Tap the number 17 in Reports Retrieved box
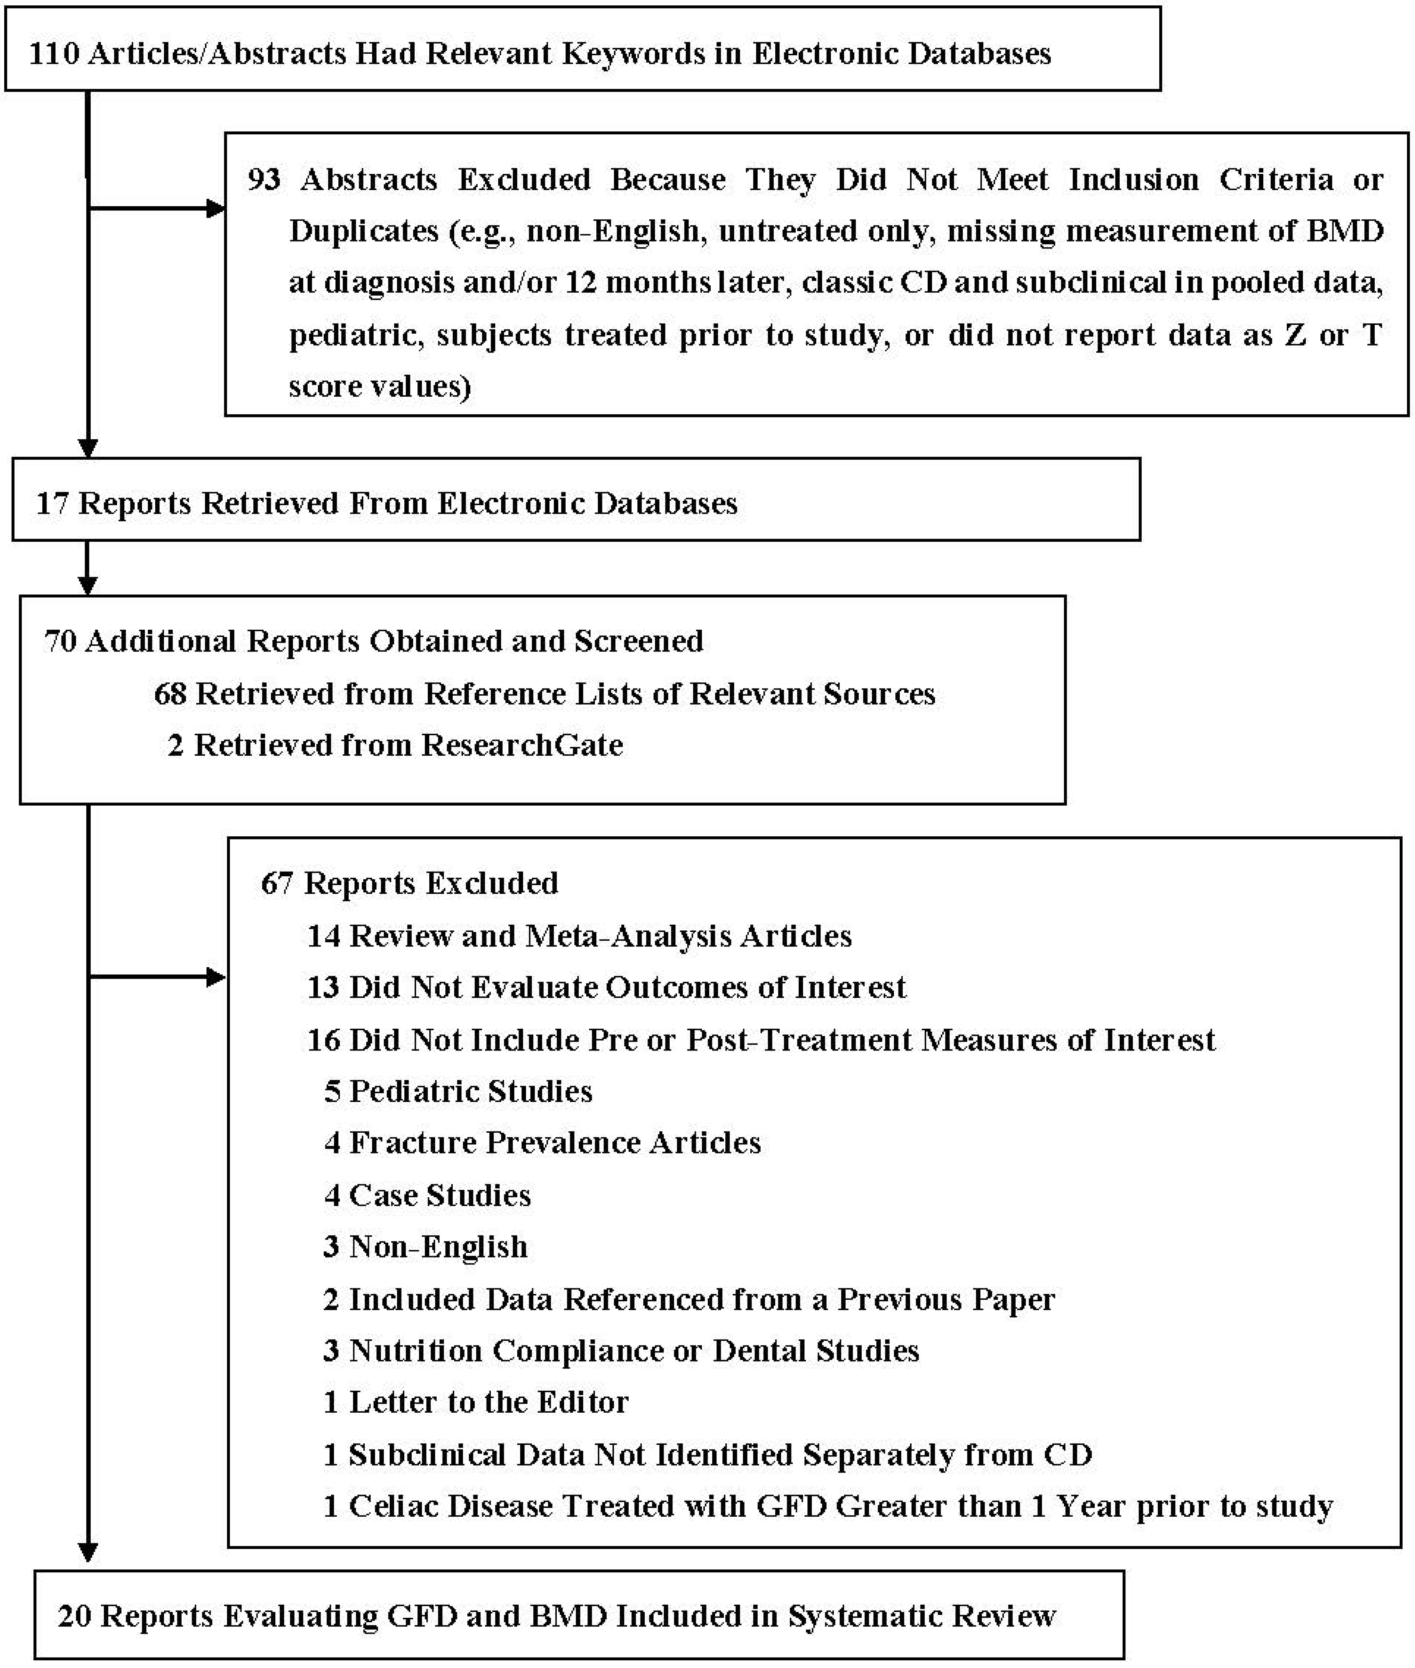coord(52,504)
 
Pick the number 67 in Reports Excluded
coord(277,883)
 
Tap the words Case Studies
coord(440,1195)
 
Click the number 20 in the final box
coord(74,1615)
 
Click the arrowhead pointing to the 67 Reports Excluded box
coord(217,977)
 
